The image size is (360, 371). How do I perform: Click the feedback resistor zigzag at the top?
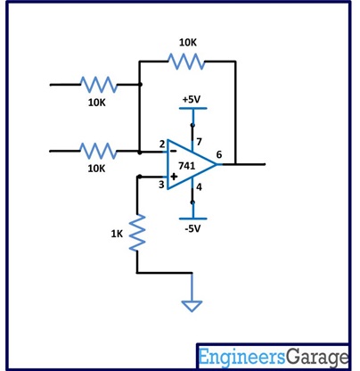(187, 62)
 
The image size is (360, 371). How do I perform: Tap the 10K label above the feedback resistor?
(188, 42)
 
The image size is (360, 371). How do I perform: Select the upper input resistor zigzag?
(98, 85)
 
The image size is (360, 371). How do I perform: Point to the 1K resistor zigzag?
(137, 233)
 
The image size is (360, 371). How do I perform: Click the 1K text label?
(117, 234)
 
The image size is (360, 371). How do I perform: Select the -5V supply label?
(192, 229)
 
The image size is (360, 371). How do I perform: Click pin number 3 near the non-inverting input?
(162, 185)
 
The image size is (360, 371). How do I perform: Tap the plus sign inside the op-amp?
(175, 177)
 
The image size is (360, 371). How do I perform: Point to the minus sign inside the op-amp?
(175, 153)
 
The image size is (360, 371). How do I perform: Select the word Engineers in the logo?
(241, 357)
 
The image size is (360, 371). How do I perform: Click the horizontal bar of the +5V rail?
(192, 109)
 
